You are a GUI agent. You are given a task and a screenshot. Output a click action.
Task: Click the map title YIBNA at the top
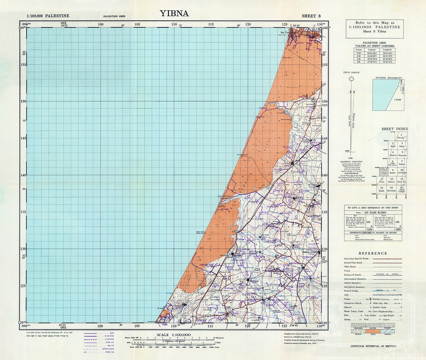pyautogui.click(x=175, y=13)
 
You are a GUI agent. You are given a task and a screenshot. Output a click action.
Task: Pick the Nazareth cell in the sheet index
pyautogui.click(x=401, y=154)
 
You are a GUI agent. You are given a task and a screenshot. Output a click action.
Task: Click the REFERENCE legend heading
pyautogui.click(x=373, y=253)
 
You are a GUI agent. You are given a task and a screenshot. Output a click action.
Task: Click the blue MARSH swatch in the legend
pyautogui.click(x=393, y=326)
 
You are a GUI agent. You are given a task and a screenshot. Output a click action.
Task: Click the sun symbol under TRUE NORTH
pyautogui.click(x=351, y=78)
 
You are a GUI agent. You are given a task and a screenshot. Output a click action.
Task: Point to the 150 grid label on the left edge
pyautogui.click(x=23, y=101)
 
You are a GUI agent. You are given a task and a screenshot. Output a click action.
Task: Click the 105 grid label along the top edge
pyautogui.click(x=137, y=24)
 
